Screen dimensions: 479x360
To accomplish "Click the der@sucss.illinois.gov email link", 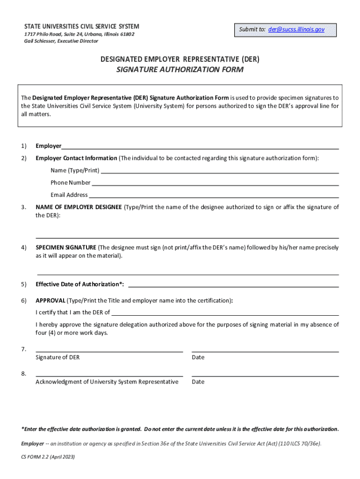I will [296, 29].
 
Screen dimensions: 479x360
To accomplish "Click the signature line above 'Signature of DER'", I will [109, 350].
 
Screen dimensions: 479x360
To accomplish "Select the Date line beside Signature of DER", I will [265, 350].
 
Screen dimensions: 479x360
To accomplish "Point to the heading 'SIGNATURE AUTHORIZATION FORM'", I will [180, 70].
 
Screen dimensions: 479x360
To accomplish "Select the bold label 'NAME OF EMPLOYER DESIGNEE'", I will [79, 207].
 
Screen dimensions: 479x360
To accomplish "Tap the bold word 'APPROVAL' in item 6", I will [50, 300].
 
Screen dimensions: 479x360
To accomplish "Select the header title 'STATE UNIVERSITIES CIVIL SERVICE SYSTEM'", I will [81, 27].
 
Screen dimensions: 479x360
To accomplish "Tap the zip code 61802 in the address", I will [127, 34].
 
